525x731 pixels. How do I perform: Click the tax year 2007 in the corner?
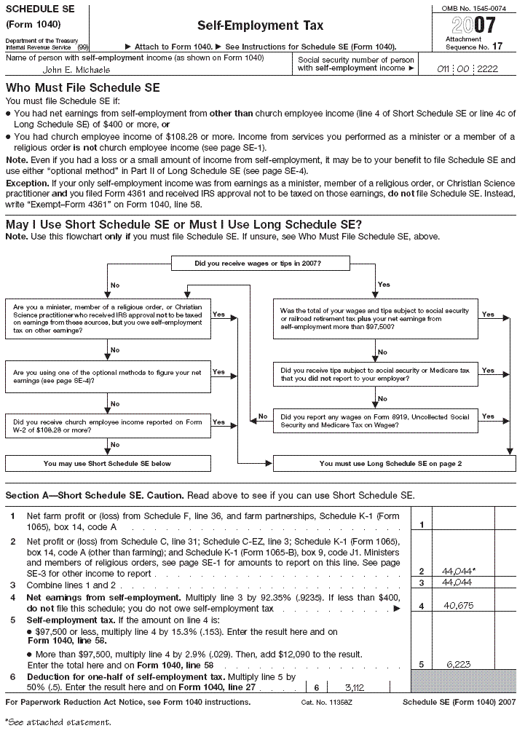473,25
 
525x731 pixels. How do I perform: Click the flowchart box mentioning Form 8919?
375,421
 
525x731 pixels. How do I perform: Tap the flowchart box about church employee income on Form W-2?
108,425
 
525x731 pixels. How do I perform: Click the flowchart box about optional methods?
108,376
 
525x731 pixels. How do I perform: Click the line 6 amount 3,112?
354,687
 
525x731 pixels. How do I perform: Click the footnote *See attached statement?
58,722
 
